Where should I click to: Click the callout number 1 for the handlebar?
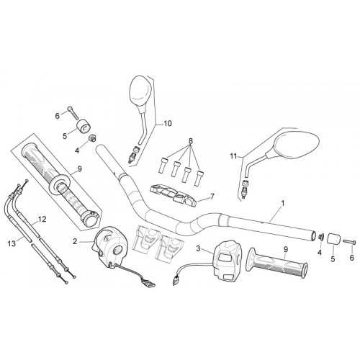pos(283,204)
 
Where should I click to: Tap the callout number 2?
pos(75,241)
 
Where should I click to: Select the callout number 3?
pos(198,248)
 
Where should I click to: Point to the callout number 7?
pos(212,197)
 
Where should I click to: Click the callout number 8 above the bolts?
pos(191,141)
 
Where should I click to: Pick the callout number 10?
pos(168,124)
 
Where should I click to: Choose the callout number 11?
pos(233,156)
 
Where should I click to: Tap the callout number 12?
pos(42,219)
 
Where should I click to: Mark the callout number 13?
pos(12,243)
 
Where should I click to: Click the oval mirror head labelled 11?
pos(297,147)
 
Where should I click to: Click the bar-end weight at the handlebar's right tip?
pos(334,239)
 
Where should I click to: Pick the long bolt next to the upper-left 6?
pos(73,113)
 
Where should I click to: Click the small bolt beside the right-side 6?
pos(349,242)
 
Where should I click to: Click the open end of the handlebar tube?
pos(314,235)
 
